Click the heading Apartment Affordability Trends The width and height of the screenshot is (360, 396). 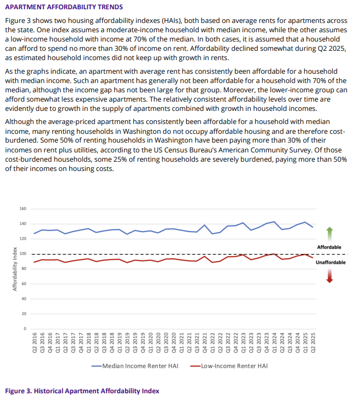coord(64,7)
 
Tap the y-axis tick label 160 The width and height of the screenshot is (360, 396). coord(23,209)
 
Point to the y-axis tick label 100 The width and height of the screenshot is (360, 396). coord(23,254)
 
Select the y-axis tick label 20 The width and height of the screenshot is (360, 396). coord(24,314)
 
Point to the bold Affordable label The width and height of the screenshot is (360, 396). coord(329,247)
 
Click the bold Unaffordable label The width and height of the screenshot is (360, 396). coord(331,262)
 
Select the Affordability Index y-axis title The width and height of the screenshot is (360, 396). coord(15,269)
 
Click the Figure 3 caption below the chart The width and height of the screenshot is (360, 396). coord(82,391)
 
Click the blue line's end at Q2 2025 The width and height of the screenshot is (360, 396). coord(312,227)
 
